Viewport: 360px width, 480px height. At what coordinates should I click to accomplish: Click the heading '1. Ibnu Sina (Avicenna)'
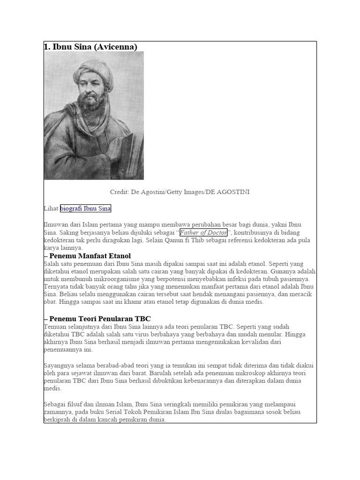[x=90, y=46]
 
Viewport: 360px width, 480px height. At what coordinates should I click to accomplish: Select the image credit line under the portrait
[x=180, y=192]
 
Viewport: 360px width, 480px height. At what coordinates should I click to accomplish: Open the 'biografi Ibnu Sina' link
[x=85, y=208]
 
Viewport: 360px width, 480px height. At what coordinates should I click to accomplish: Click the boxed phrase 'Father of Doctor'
[x=203, y=232]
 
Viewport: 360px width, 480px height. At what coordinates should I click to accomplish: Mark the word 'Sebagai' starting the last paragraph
[x=56, y=404]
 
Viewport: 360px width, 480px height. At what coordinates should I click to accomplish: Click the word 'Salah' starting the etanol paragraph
[x=52, y=263]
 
